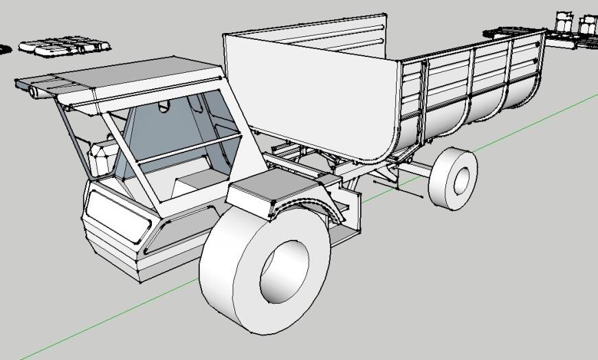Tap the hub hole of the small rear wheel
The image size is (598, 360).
[461, 179]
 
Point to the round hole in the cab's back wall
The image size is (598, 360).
[164, 106]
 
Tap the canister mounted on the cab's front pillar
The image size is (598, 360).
[100, 158]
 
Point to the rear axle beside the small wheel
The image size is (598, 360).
[412, 168]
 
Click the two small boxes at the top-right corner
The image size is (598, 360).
[576, 22]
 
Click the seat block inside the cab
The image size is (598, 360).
[196, 182]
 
